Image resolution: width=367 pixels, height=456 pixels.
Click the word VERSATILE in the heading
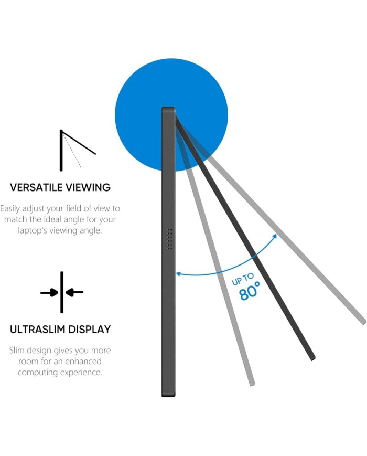point(36,187)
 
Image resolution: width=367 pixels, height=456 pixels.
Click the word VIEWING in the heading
point(88,187)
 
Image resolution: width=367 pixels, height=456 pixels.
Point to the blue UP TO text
point(243,279)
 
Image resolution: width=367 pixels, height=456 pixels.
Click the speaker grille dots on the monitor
point(170,239)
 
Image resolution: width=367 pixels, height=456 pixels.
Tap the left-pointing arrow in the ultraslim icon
point(74,292)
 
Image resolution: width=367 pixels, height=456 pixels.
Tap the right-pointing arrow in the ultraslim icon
point(49,292)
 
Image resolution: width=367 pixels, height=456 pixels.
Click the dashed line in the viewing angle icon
point(72,151)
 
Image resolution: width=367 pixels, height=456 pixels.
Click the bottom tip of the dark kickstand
point(313,358)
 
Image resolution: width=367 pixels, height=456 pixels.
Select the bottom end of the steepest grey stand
point(253,384)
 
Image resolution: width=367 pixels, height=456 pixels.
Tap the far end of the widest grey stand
point(364,322)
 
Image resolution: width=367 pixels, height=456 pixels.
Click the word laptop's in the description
point(33,230)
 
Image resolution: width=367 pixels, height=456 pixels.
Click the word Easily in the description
point(10,209)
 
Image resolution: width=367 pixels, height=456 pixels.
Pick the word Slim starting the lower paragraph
point(15,350)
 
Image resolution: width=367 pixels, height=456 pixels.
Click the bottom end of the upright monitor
point(168,395)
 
